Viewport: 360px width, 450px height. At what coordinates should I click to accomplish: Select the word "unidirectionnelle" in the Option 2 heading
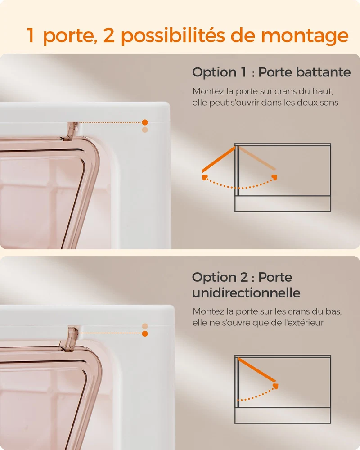[246, 293]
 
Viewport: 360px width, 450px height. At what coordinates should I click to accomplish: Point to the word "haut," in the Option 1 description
[324, 91]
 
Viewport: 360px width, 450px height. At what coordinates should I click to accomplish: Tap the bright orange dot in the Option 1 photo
[145, 122]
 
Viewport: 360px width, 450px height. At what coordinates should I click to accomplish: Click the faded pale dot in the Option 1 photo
[145, 130]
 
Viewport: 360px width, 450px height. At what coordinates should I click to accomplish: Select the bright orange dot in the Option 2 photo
[145, 333]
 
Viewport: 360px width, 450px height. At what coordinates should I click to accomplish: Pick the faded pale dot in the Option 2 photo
[145, 326]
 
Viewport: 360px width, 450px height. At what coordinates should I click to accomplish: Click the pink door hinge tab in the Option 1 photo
[70, 131]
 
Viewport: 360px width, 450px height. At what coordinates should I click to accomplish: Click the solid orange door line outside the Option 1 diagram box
[218, 160]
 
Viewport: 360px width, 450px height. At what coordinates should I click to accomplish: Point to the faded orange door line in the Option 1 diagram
[257, 158]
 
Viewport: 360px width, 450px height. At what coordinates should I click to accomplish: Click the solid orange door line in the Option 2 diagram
[257, 370]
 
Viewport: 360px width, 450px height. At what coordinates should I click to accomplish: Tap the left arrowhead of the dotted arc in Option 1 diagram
[205, 177]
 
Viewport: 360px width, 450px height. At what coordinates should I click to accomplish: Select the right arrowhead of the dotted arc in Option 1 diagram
[275, 177]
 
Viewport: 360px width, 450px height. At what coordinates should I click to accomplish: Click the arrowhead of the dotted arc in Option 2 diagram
[275, 386]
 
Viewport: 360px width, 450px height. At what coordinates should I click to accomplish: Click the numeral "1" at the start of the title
[31, 36]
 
